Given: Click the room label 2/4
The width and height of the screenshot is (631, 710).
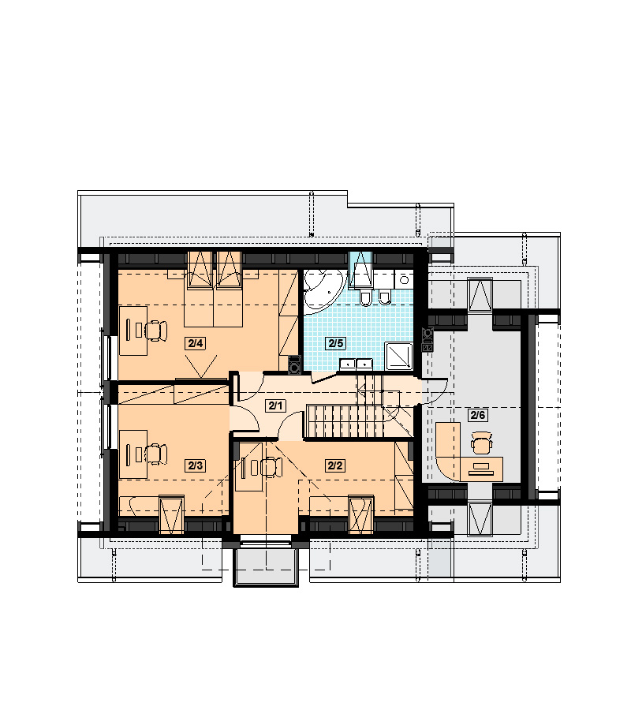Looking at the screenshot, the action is click(x=195, y=343).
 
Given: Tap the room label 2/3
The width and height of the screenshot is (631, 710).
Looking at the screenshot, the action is click(x=195, y=465).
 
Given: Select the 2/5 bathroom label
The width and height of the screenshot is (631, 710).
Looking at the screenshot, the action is click(x=336, y=343).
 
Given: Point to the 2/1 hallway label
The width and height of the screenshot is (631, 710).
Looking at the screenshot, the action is click(x=275, y=405).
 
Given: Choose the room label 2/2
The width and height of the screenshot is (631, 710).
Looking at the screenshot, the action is click(x=335, y=465).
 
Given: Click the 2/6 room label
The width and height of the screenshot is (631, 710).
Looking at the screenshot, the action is click(x=478, y=415).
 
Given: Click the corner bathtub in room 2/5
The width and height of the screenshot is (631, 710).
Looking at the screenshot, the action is click(x=323, y=290).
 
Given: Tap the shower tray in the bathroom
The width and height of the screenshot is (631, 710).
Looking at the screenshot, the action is click(x=399, y=356).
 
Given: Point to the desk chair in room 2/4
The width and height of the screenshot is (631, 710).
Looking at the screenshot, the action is click(x=156, y=330).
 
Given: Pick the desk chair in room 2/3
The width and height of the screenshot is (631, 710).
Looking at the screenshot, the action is click(x=156, y=454).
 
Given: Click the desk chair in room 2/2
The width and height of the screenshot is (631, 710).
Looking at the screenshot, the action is click(x=271, y=467).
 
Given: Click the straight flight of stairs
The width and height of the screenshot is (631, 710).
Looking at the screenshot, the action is click(x=345, y=421).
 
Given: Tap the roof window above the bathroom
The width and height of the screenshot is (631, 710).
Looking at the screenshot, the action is click(x=360, y=270).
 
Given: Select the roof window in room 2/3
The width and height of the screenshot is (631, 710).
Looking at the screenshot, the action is click(x=172, y=515).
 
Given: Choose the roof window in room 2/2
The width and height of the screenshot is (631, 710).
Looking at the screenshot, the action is click(x=360, y=515).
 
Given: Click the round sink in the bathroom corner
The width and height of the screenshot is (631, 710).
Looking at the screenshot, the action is click(x=404, y=279).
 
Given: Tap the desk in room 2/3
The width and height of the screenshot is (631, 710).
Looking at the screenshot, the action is click(x=133, y=454).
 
